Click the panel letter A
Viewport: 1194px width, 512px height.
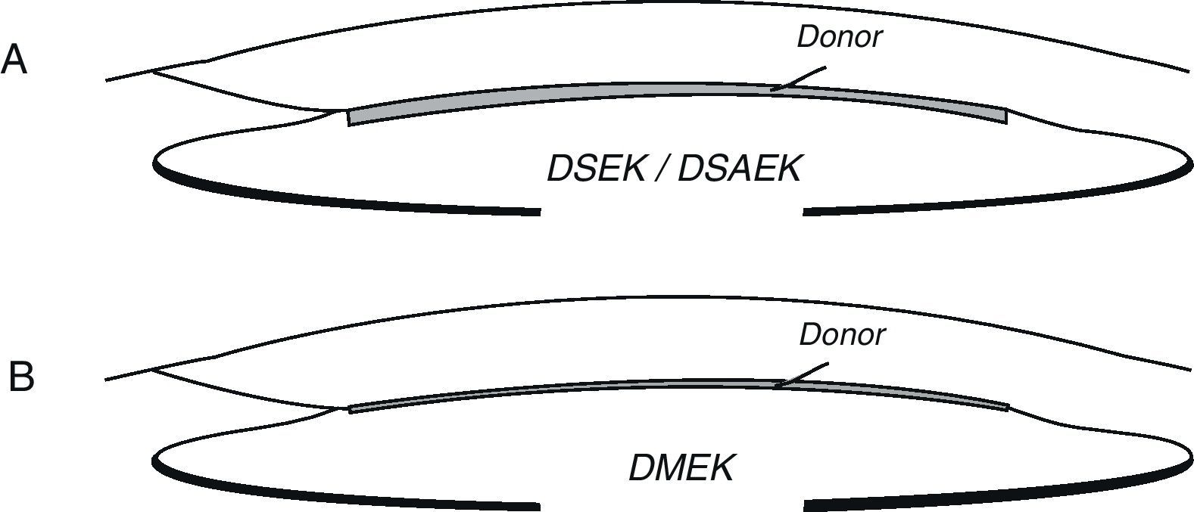14,61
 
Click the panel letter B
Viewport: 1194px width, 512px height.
21,377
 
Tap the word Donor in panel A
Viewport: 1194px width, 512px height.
839,36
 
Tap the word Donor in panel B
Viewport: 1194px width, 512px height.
841,334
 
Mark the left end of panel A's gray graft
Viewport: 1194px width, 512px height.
350,118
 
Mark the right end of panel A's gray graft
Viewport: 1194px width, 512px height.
1005,114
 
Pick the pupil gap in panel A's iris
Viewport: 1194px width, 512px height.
672,211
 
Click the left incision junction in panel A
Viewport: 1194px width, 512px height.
154,71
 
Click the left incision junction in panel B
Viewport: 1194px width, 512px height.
154,368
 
